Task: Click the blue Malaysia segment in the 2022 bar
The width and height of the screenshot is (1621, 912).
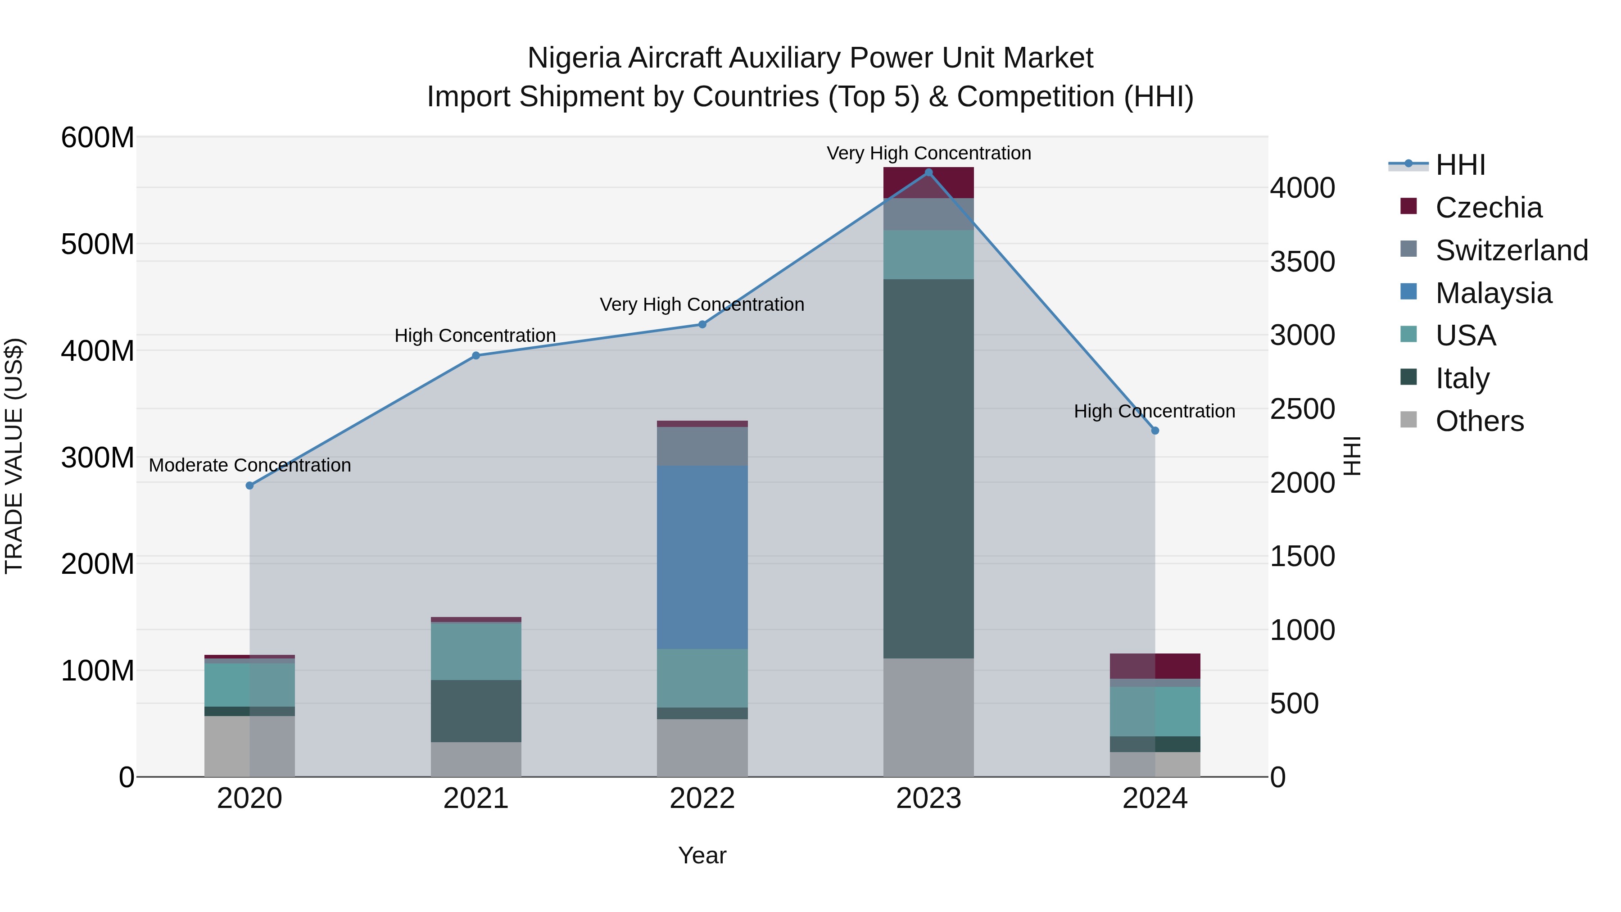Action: pos(702,557)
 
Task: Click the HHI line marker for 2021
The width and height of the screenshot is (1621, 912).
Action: pos(476,356)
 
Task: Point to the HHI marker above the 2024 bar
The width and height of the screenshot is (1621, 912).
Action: pos(1155,431)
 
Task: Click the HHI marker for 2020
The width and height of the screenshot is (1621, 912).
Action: pos(250,485)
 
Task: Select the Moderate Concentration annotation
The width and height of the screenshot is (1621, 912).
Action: pos(250,465)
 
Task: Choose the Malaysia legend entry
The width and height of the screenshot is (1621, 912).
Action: pos(1493,293)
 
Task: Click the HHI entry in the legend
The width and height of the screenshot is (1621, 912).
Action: pos(1460,165)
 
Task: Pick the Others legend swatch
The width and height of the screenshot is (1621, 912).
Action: pos(1408,420)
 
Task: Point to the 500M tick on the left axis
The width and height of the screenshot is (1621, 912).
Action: pos(98,244)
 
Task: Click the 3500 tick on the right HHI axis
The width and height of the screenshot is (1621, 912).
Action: pos(1302,262)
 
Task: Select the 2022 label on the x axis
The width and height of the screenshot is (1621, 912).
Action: pos(702,799)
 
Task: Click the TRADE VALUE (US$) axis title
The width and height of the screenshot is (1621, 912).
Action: pos(14,456)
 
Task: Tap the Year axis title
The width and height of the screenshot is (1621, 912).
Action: pos(702,855)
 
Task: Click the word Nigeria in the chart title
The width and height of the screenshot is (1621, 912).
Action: pos(574,58)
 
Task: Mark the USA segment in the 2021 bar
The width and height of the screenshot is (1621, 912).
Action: pos(476,651)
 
